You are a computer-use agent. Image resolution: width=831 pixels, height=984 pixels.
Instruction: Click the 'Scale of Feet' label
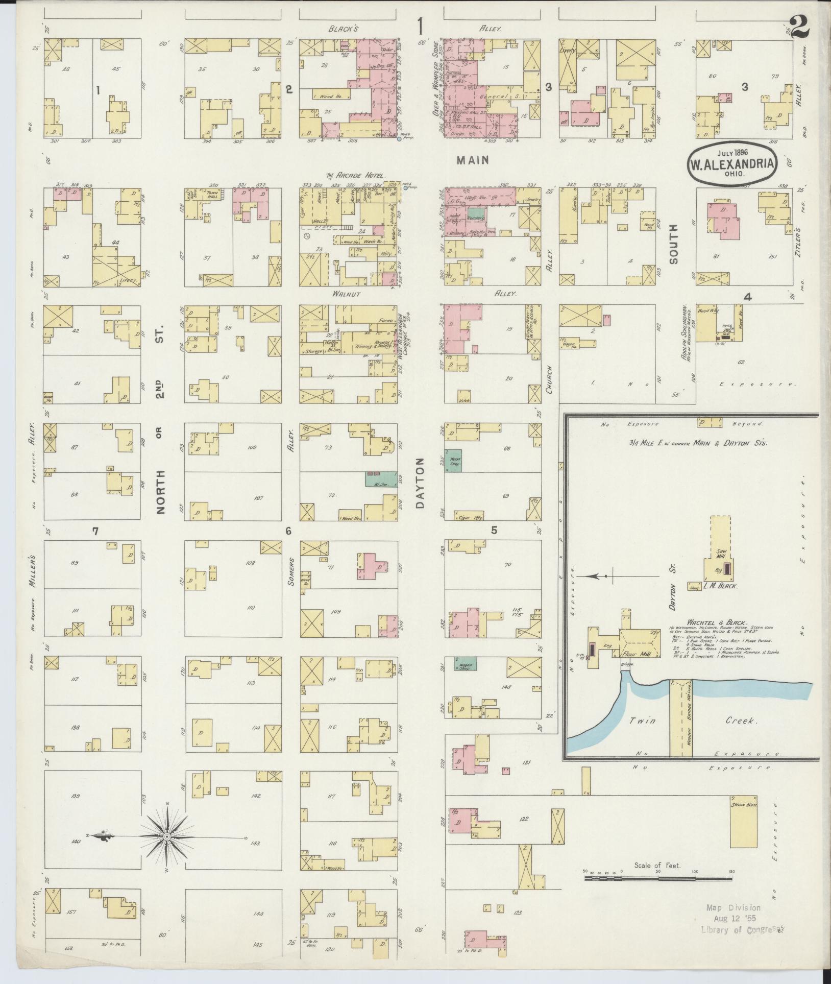point(657,866)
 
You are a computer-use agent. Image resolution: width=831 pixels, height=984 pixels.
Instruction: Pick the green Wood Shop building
point(453,461)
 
